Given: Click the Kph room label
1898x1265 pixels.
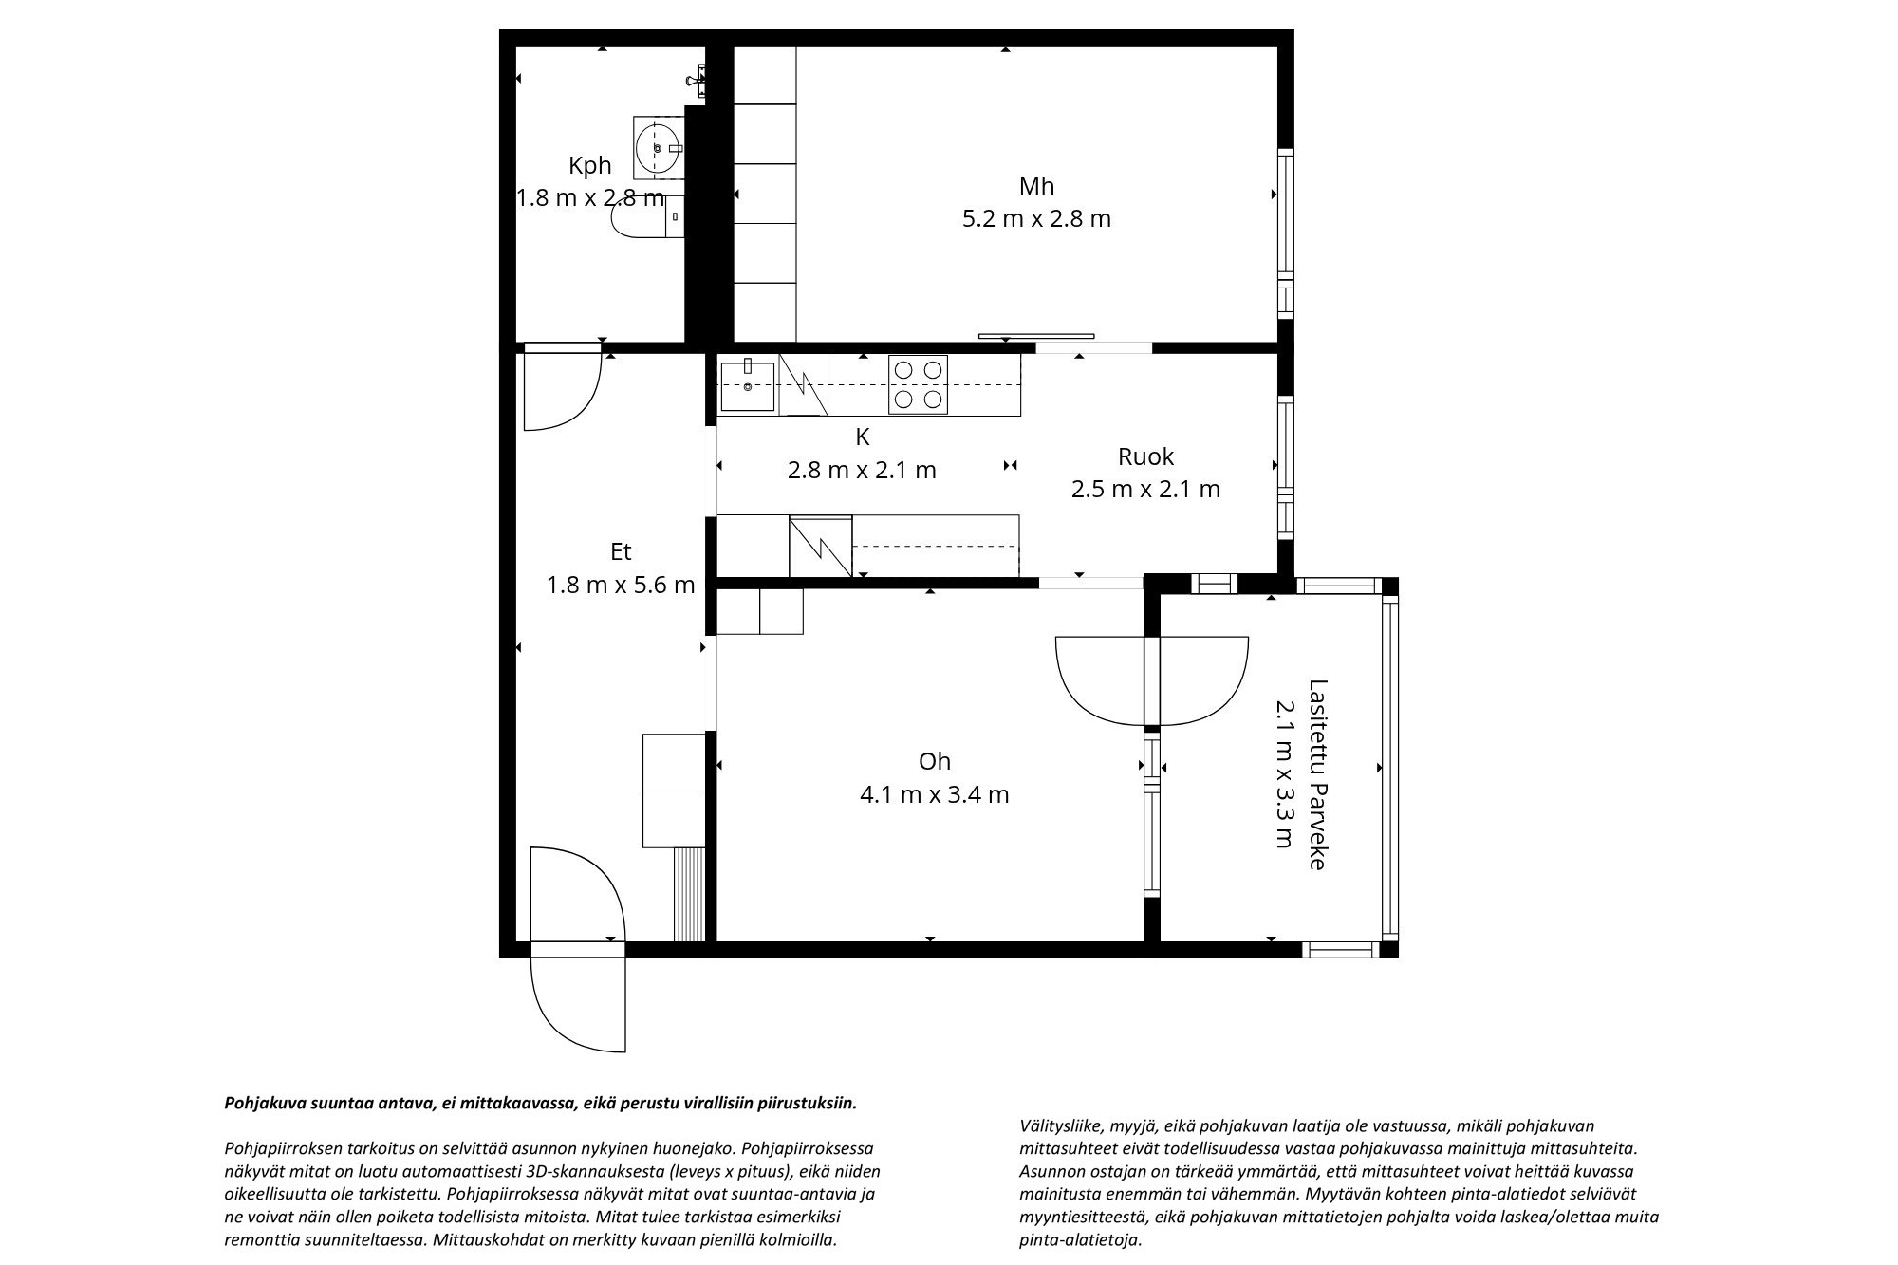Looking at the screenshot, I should tap(589, 166).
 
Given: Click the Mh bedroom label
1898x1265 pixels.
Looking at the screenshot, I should tap(1036, 186).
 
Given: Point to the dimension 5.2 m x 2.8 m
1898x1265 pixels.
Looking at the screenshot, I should tap(1036, 219).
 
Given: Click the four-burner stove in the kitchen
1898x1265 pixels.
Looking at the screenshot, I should tap(918, 384).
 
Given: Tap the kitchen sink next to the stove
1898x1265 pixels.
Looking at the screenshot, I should tap(748, 384).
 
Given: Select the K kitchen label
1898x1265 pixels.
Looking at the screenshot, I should tap(862, 437).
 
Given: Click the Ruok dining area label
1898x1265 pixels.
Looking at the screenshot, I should tap(1145, 456).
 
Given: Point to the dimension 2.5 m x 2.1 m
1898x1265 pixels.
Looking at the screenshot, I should tap(1145, 490).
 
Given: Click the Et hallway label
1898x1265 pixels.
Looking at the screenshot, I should tap(621, 552).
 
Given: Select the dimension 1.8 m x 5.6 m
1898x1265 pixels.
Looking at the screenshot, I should tap(621, 586).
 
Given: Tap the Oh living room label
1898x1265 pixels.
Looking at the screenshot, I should tap(934, 761).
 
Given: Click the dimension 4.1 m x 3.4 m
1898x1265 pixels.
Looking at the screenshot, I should tap(934, 794).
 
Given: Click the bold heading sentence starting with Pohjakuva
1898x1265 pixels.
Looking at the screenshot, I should tap(540, 1104).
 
